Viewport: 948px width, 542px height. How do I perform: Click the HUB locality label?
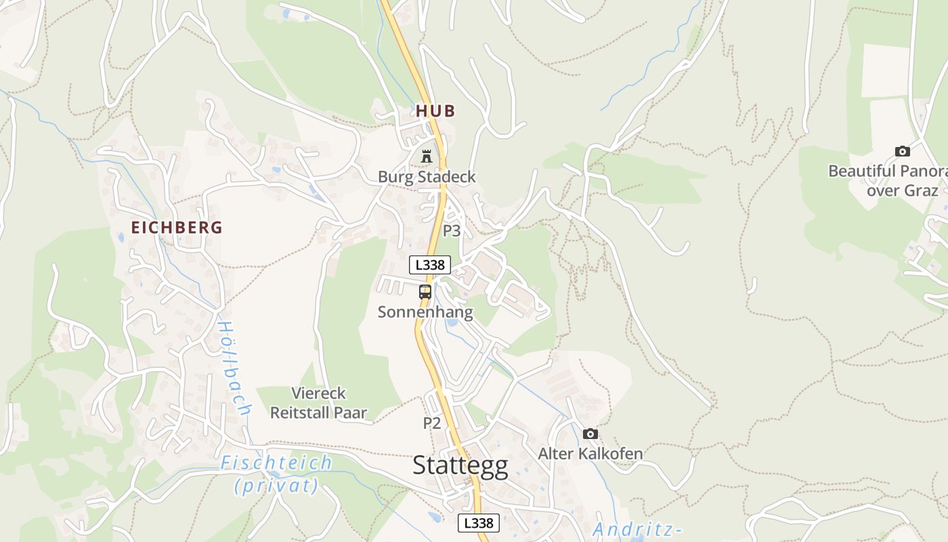click(435, 111)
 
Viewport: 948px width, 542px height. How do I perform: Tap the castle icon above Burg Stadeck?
click(426, 157)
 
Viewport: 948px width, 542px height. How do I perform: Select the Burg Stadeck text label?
click(427, 177)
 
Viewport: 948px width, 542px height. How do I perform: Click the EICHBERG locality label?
click(177, 228)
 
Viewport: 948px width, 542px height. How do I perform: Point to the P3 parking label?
click(452, 231)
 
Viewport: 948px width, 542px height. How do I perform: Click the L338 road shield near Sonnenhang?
click(430, 265)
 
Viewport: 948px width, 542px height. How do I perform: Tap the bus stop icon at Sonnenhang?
click(425, 292)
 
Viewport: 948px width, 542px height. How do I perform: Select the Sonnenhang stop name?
click(425, 312)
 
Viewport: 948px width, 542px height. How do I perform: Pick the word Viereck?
click(318, 393)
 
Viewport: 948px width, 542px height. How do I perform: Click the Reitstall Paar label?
click(318, 413)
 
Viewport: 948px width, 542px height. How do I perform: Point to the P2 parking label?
click(432, 423)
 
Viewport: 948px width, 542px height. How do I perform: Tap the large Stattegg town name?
click(460, 466)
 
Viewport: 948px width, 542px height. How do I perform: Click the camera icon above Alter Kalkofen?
click(590, 434)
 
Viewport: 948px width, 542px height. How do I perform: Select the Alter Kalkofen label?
click(590, 453)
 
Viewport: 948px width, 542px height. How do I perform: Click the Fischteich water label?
click(276, 463)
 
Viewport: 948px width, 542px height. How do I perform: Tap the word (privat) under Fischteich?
click(276, 485)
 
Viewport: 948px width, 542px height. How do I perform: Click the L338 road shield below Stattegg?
click(479, 523)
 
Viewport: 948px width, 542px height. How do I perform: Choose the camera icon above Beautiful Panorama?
click(902, 151)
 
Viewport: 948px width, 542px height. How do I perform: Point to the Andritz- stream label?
click(637, 530)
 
